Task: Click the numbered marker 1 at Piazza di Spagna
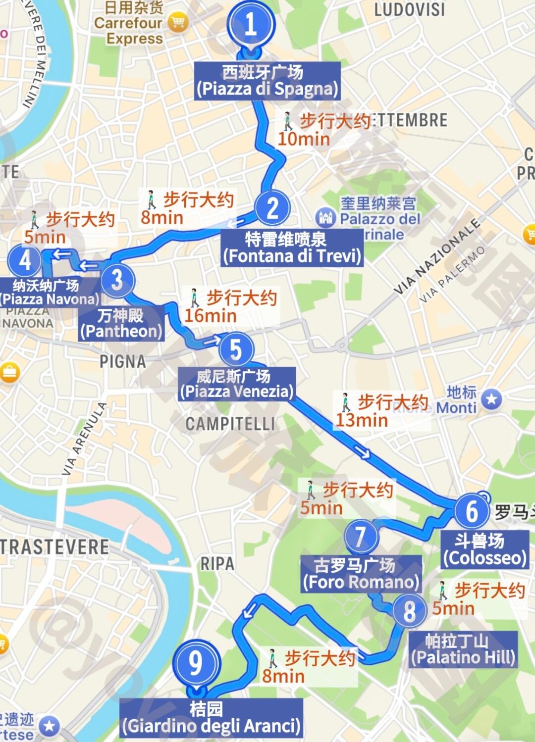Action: (251, 24)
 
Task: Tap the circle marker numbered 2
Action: (272, 208)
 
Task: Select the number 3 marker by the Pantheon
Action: (117, 280)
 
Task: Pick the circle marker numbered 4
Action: (24, 260)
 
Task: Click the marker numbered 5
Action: (236, 349)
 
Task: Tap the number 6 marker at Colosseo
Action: (472, 511)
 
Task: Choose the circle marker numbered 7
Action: (361, 536)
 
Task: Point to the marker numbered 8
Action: (409, 611)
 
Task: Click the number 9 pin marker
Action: (196, 663)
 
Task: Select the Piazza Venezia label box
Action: (236, 384)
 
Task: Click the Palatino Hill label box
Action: (463, 649)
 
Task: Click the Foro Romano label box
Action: (361, 574)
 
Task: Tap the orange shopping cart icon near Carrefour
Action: (177, 22)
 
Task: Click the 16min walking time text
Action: (211, 315)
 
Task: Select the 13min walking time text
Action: (362, 420)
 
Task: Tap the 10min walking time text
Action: (304, 139)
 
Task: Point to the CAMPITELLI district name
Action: (230, 424)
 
